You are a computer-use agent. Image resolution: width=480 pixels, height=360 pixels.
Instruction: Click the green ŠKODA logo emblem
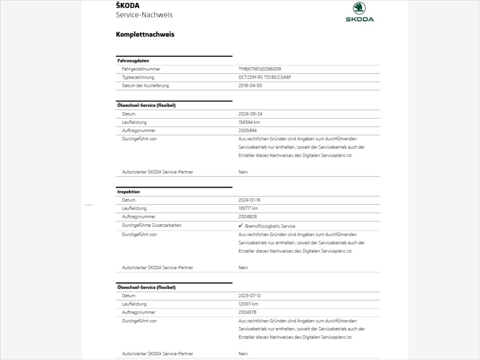coord(359,8)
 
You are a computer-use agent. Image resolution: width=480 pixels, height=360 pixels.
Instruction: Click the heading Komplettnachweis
coord(145,34)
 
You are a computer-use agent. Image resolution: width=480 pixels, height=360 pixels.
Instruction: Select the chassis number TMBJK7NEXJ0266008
coord(260,69)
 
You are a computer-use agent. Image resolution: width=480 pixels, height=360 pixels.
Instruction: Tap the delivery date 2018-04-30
coord(250,86)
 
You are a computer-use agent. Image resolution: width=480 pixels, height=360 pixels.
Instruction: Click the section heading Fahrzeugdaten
coord(133,61)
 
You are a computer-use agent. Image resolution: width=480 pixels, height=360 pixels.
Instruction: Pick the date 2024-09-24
coord(250,114)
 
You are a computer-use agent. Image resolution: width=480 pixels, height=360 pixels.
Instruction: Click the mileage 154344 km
coord(249,122)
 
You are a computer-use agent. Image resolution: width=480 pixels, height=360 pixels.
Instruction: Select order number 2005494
coord(248,131)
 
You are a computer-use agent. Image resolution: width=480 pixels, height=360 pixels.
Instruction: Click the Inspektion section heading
coord(128,192)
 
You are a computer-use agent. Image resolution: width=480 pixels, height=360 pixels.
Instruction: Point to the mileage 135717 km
coord(248,208)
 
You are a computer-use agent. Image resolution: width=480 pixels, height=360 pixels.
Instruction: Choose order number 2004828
coord(248,217)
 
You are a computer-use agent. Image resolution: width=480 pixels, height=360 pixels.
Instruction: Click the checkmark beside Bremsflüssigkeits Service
coord(241,226)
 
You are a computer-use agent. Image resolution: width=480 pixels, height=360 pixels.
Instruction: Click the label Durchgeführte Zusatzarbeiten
coord(152,226)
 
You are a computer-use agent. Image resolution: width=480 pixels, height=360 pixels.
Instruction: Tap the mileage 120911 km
coord(248,304)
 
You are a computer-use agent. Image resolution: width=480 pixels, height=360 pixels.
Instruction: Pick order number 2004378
coord(248,312)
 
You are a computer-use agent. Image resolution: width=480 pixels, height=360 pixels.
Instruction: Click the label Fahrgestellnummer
coord(141,69)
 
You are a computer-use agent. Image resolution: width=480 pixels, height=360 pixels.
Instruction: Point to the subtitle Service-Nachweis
coord(144,15)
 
